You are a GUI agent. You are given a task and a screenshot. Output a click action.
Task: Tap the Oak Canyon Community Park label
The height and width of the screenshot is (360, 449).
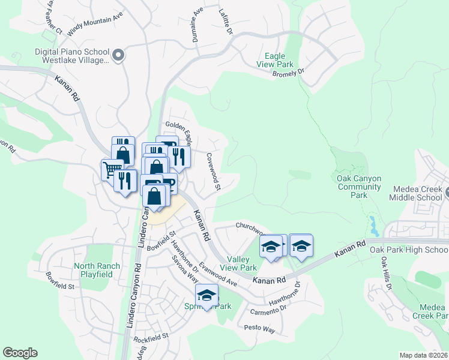[x=360, y=187]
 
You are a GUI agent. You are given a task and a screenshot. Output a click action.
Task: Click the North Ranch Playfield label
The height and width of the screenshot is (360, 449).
[x=97, y=270]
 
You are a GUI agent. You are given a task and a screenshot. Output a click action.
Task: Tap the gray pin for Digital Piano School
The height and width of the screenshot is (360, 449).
[x=118, y=56]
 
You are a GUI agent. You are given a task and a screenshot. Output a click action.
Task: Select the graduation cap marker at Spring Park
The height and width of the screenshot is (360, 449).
[x=207, y=296]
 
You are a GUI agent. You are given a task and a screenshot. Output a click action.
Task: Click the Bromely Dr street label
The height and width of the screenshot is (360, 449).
[x=289, y=73]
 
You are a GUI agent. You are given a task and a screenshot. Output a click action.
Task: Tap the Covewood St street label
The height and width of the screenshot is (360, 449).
[x=214, y=172]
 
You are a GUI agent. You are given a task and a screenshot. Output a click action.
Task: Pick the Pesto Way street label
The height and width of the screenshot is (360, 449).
[x=259, y=329]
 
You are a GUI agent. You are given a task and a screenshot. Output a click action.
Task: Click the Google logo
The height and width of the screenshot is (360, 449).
[x=20, y=353]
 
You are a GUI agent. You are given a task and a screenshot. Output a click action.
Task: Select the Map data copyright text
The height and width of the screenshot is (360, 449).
[x=423, y=355]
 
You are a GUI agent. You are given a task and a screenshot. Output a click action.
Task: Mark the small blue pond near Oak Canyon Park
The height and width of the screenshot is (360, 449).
[x=375, y=226]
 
